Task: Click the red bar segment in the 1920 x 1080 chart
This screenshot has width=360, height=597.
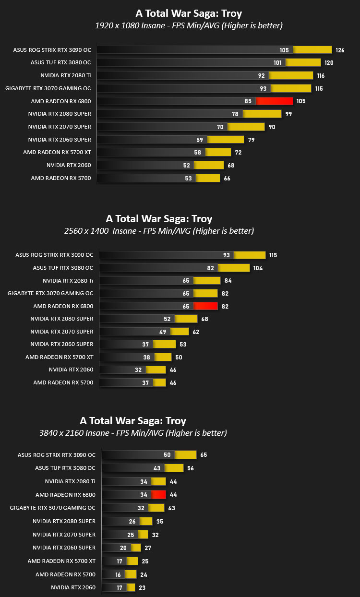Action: coord(275,101)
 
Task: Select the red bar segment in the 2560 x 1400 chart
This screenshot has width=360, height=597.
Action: coord(205,306)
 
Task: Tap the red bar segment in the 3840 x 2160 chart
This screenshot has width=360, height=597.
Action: coord(158,495)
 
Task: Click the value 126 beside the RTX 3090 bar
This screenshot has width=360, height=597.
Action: coord(340,50)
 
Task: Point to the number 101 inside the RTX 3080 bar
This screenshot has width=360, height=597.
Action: coord(277,63)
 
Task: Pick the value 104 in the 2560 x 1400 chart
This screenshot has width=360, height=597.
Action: coord(258,268)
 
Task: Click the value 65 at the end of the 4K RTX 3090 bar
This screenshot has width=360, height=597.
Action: coord(204,454)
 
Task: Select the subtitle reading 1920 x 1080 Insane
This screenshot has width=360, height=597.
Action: coord(130,25)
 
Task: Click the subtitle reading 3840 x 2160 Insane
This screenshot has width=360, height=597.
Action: coord(74,433)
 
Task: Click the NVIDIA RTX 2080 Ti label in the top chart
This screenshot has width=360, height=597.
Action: coord(66,75)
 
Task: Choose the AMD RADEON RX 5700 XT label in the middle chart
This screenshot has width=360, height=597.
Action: coord(59,357)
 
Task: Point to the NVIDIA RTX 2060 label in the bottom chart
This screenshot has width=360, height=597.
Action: coord(73,587)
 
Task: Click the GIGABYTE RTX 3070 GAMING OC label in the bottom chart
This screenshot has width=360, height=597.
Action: coord(52,508)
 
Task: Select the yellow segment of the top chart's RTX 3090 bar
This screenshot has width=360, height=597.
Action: coord(312,50)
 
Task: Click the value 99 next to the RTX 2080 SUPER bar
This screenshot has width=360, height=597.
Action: coord(288,114)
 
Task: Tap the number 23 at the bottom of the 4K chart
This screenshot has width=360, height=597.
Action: coord(142,588)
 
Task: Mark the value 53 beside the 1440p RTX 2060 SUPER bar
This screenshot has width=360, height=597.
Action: coord(183,345)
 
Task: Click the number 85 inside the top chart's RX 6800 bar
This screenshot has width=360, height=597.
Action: coord(248,101)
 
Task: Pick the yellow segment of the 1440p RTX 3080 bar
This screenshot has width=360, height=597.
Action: coord(234,268)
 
